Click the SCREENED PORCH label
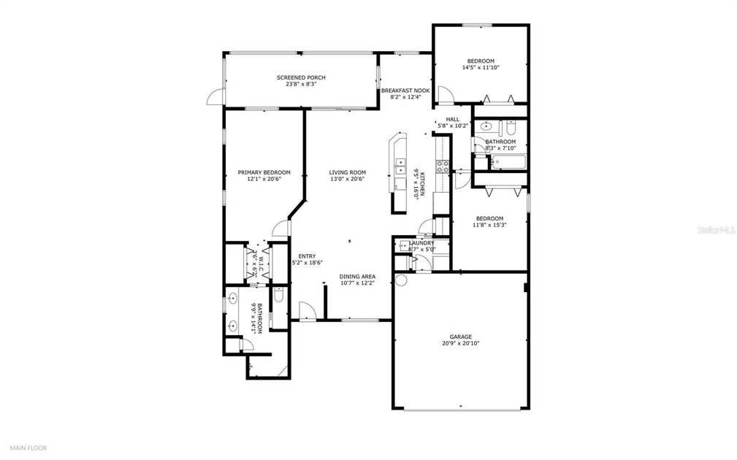tap(300, 77)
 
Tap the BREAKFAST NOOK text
tap(405, 91)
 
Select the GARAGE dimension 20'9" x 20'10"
tap(460, 343)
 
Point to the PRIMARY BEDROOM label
tap(264, 172)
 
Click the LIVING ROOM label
tap(347, 172)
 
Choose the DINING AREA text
tap(358, 277)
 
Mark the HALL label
tap(452, 119)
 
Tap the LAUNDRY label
tap(421, 243)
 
